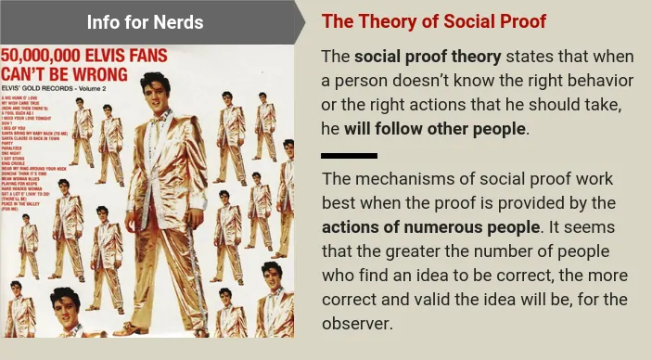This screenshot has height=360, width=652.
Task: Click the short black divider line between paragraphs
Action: [349, 155]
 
